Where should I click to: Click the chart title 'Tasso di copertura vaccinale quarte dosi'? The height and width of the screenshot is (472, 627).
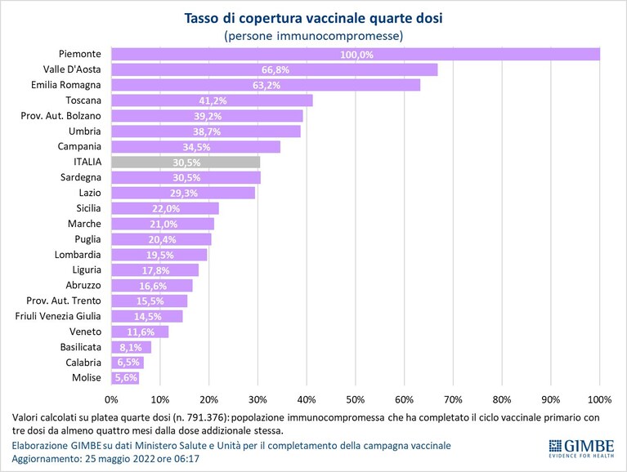(313, 18)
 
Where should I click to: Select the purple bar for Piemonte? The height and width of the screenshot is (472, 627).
(356, 55)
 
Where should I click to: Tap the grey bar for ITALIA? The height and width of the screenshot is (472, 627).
(186, 163)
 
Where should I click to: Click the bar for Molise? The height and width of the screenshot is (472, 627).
(125, 378)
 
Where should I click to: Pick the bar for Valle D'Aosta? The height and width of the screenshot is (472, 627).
(275, 70)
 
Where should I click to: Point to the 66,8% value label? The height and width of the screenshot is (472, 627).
(275, 70)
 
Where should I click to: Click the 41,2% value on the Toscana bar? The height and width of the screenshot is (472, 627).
(213, 100)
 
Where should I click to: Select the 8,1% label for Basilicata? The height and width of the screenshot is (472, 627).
(131, 347)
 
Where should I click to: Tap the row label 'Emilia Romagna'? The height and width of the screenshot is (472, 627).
(66, 85)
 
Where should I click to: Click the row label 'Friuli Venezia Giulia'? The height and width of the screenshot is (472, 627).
(58, 316)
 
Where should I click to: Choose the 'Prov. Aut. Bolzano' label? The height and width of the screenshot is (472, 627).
(60, 116)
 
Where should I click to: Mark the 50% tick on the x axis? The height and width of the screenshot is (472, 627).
(356, 399)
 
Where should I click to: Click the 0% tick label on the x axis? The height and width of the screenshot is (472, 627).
(111, 399)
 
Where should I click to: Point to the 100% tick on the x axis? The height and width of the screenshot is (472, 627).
(600, 399)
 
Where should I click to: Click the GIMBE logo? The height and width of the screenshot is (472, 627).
(581, 448)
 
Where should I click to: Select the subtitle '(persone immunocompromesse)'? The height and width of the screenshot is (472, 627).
(314, 36)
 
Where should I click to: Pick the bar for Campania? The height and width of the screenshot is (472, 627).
(196, 147)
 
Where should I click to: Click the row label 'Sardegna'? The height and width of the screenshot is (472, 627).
(81, 177)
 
